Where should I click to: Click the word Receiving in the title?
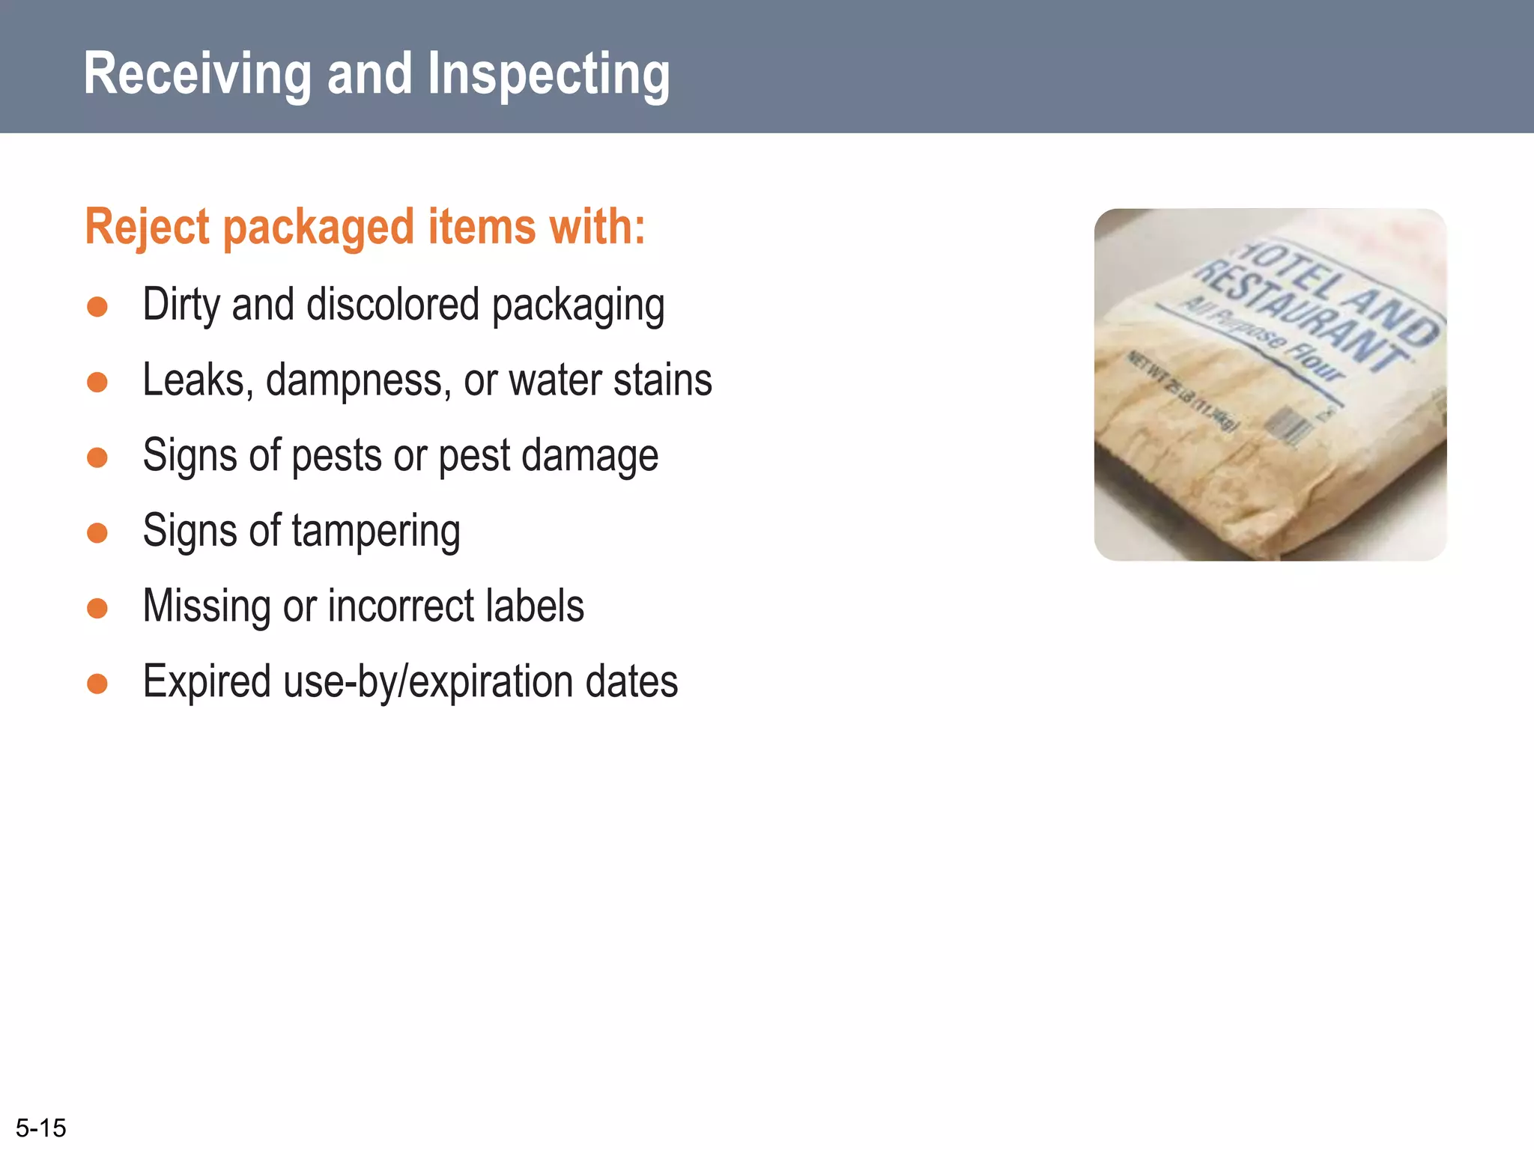[197, 74]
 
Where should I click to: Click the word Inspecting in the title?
[548, 76]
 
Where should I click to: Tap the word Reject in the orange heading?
[147, 227]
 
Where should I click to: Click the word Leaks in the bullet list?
[193, 380]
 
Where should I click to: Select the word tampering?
[375, 532]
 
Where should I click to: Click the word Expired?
[207, 682]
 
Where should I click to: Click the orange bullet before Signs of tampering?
[97, 533]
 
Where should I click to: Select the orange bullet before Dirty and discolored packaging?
[97, 307]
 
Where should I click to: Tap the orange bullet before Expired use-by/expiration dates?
[97, 684]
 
